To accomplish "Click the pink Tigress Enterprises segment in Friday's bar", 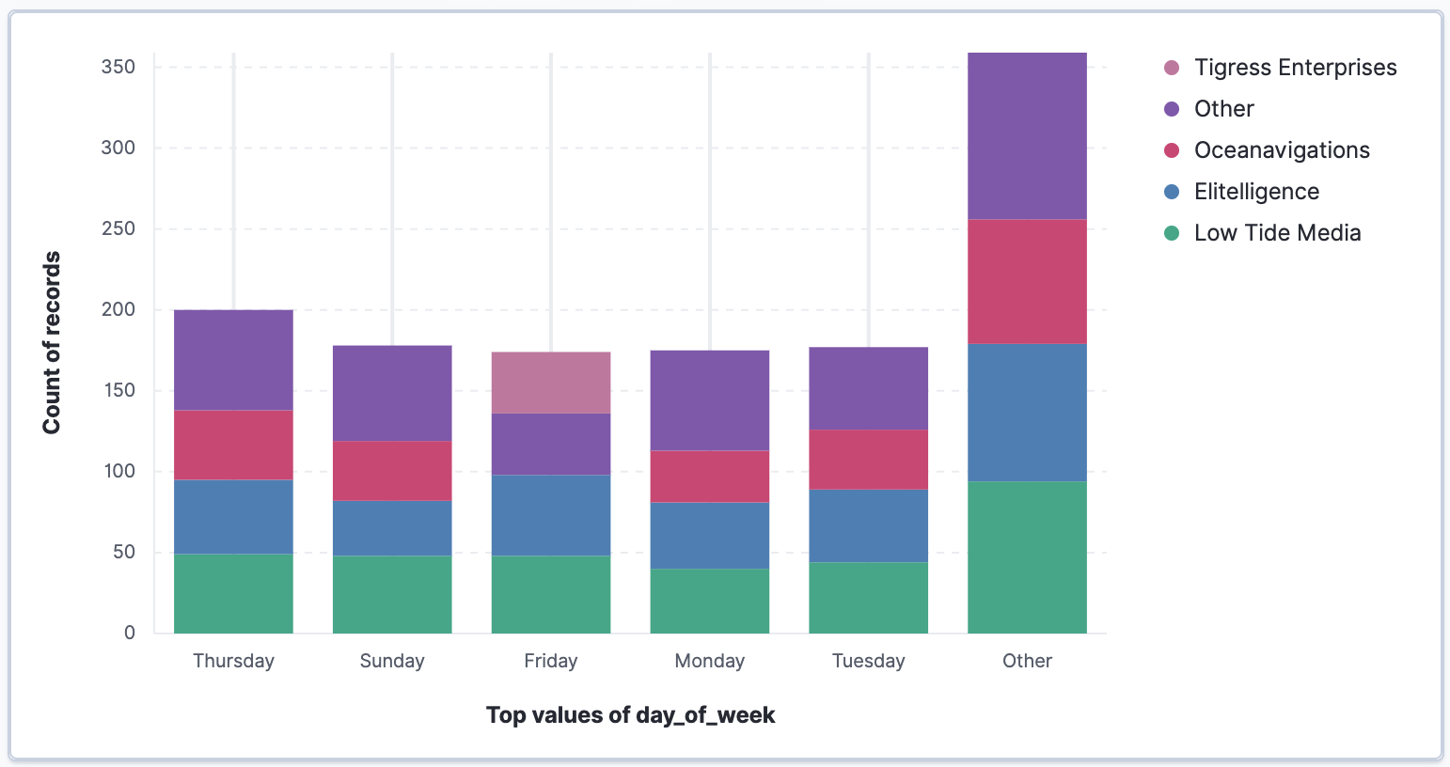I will pos(551,383).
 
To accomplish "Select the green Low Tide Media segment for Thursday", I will pos(233,593).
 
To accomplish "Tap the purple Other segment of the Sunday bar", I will pos(392,393).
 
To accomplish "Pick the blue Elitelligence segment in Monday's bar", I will pos(710,535).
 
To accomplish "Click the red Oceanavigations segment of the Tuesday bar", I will pos(868,460).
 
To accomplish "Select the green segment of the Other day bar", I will pos(1027,556).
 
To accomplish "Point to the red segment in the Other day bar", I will pos(1027,281).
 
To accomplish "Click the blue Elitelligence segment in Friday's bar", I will pos(551,515).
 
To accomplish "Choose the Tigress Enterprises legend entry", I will pos(1294,68).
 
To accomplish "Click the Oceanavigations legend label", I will pos(1281,150).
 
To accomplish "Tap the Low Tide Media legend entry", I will pos(1276,233).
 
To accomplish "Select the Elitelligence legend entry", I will pos(1255,192).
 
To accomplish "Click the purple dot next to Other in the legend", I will pos(1172,109).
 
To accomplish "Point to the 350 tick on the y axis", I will pos(118,67).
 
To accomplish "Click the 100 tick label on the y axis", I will pos(118,471).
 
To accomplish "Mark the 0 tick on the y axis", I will pos(130,633).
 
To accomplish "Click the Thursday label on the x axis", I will pos(233,661).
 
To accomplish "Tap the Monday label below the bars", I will pos(710,661).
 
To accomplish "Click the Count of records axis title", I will pos(52,342).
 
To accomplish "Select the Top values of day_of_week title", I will pos(630,715).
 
